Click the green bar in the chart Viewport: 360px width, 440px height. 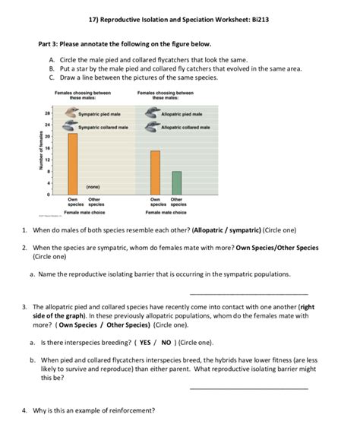tap(176, 183)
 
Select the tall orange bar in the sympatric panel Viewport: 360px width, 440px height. tap(73, 164)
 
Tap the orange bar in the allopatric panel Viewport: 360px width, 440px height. tap(155, 173)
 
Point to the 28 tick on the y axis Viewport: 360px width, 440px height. tap(48, 113)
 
